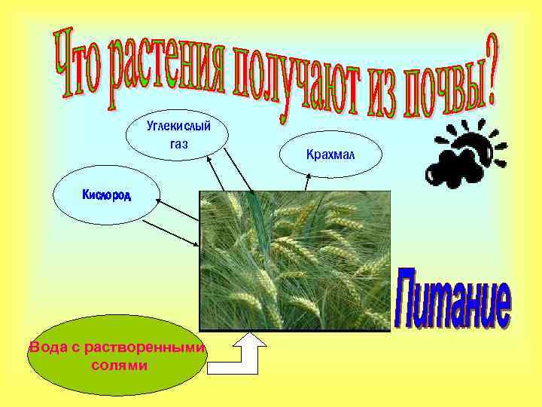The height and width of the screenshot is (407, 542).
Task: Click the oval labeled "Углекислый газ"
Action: click(178, 133)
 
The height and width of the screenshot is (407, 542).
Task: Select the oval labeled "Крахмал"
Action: click(330, 155)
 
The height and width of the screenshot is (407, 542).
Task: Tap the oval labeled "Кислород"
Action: click(106, 196)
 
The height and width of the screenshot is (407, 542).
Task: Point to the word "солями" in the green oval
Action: click(119, 366)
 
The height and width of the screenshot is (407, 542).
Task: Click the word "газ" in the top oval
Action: click(178, 142)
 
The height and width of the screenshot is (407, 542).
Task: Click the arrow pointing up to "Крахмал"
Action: click(307, 182)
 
